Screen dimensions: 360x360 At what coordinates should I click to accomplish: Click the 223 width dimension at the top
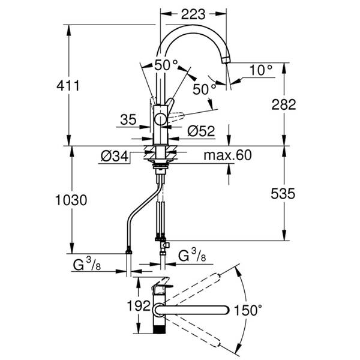click(193, 14)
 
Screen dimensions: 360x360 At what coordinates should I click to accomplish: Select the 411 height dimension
click(68, 86)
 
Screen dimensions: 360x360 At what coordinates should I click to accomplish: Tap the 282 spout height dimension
click(284, 104)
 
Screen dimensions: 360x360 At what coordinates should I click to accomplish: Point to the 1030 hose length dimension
click(71, 200)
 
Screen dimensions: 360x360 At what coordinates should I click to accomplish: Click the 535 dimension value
click(283, 194)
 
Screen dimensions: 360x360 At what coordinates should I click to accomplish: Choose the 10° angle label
click(261, 70)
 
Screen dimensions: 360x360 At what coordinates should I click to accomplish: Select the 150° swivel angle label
click(248, 310)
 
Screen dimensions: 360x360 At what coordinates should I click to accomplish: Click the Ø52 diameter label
click(201, 131)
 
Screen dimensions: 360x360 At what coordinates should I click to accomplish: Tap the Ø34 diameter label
click(115, 157)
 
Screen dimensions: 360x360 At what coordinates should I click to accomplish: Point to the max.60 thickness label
click(227, 155)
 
